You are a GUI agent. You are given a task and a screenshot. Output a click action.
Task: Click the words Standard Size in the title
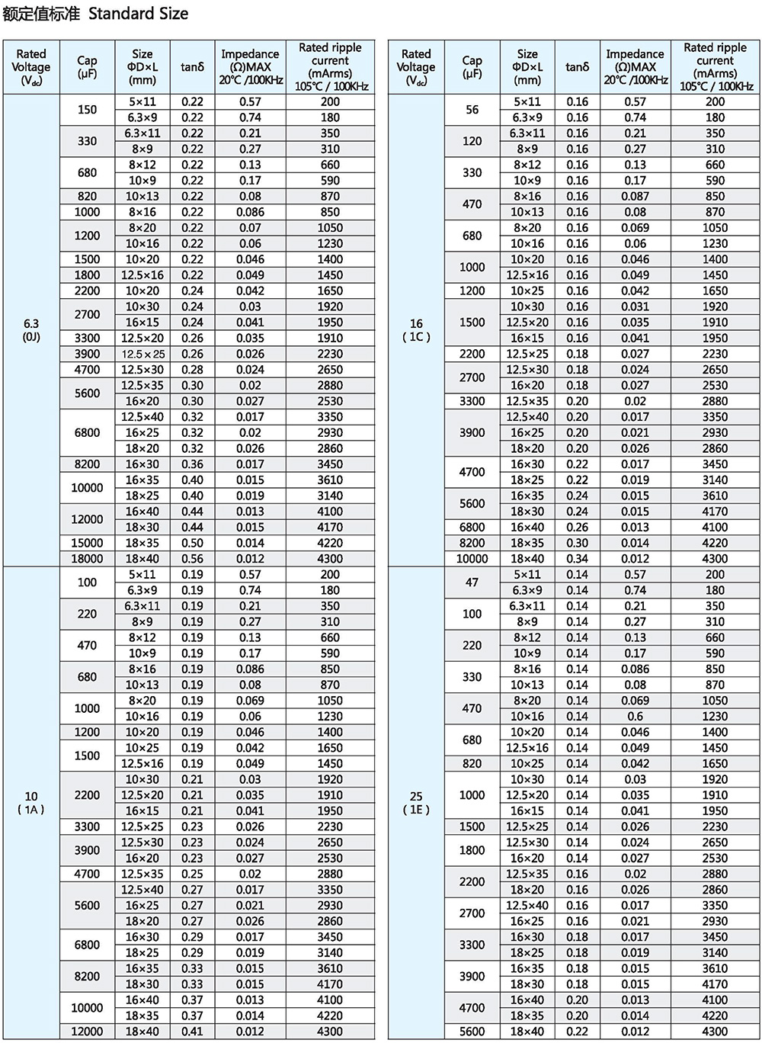click(x=138, y=14)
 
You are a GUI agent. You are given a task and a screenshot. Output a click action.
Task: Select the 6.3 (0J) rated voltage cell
click(x=31, y=329)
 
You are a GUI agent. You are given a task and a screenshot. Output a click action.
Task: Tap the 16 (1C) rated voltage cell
click(x=416, y=329)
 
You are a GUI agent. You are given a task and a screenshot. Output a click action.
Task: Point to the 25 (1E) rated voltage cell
click(x=416, y=802)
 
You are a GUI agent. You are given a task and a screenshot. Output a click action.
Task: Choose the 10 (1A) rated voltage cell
click(x=31, y=802)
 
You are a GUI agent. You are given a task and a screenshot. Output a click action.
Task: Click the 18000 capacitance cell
click(x=88, y=559)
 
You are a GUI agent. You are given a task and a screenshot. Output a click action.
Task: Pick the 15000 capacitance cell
click(x=88, y=543)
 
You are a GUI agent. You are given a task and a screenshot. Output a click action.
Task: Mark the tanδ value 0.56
click(x=193, y=559)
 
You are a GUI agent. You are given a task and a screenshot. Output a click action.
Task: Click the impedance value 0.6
click(x=635, y=716)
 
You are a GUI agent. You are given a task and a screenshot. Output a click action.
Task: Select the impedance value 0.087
click(x=635, y=196)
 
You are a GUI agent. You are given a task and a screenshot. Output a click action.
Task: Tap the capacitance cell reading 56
click(x=472, y=110)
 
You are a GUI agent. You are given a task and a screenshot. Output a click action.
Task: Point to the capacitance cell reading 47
click(x=472, y=582)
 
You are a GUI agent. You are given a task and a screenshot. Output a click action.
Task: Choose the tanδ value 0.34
click(x=578, y=559)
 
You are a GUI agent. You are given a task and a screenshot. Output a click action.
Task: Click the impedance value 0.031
click(x=635, y=306)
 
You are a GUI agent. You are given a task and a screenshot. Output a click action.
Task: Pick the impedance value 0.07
click(x=250, y=227)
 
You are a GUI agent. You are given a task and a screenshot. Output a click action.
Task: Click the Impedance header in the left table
click(x=250, y=67)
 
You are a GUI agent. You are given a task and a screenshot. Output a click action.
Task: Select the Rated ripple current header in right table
click(x=715, y=67)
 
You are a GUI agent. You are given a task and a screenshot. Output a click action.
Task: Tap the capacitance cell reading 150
click(x=88, y=110)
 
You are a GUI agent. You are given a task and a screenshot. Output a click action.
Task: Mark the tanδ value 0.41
click(x=193, y=1032)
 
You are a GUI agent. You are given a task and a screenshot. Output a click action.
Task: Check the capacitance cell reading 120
click(x=472, y=141)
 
